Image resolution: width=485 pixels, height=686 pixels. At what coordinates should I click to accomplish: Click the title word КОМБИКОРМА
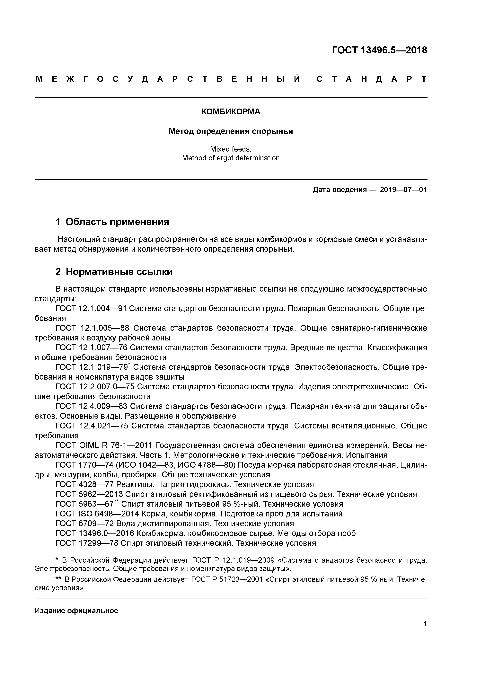(231, 112)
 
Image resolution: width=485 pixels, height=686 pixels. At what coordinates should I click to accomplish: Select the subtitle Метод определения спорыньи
(231, 131)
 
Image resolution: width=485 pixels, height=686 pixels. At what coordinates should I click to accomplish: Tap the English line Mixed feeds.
(231, 149)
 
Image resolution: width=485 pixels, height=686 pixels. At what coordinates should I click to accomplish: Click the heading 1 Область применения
(112, 222)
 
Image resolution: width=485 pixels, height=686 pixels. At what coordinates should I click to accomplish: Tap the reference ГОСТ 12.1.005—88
(92, 328)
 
